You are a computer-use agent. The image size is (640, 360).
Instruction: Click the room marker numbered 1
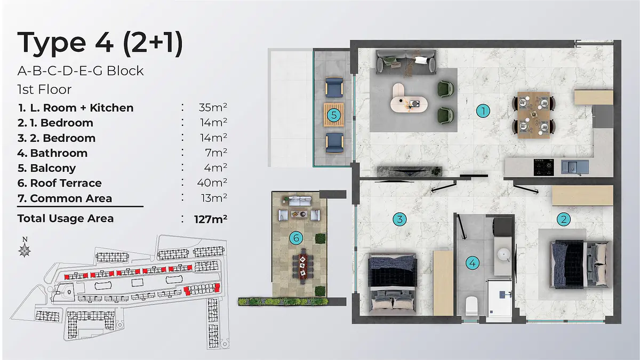tap(483, 111)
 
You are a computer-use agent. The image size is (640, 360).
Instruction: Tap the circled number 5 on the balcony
tap(334, 115)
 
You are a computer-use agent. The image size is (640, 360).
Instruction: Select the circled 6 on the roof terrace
tap(296, 238)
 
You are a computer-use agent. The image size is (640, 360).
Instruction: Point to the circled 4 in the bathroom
tap(473, 263)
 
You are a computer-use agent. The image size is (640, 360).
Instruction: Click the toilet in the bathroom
tap(471, 306)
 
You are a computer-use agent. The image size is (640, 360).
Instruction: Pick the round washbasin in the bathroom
tap(503, 254)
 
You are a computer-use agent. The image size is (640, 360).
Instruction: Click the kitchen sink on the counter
tap(574, 167)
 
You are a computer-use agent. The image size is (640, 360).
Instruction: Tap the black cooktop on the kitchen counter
tap(543, 167)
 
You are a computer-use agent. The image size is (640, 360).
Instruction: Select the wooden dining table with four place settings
tap(534, 115)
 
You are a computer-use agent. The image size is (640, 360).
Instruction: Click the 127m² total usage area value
tap(211, 219)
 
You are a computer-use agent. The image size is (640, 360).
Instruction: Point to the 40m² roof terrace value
tap(212, 182)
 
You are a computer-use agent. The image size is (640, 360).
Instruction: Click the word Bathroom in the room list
tap(59, 153)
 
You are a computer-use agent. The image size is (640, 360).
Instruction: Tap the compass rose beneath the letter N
tap(25, 251)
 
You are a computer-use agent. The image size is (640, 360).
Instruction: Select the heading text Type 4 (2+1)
tap(100, 43)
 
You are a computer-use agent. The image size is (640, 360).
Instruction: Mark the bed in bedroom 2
tap(581, 265)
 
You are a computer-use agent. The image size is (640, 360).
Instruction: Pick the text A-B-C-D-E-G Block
tap(81, 71)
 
